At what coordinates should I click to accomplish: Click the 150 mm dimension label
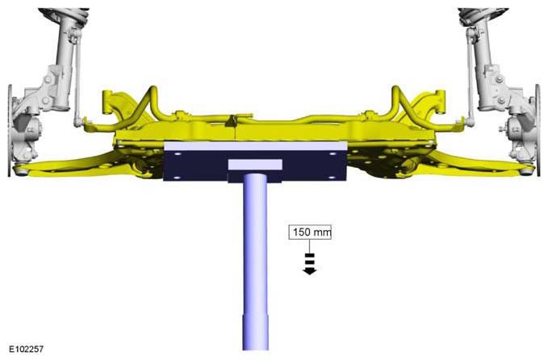click(x=310, y=232)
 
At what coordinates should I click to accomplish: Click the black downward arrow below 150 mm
click(x=310, y=263)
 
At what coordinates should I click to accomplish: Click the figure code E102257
click(x=26, y=349)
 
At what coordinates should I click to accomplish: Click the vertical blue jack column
click(x=256, y=262)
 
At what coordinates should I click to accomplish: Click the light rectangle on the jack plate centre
click(x=255, y=165)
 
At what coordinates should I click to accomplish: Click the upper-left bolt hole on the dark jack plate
click(x=178, y=154)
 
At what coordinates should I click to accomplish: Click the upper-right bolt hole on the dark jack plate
click(x=332, y=153)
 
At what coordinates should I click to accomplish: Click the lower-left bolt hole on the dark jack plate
click(x=177, y=178)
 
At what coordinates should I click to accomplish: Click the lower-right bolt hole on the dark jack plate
click(x=332, y=178)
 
